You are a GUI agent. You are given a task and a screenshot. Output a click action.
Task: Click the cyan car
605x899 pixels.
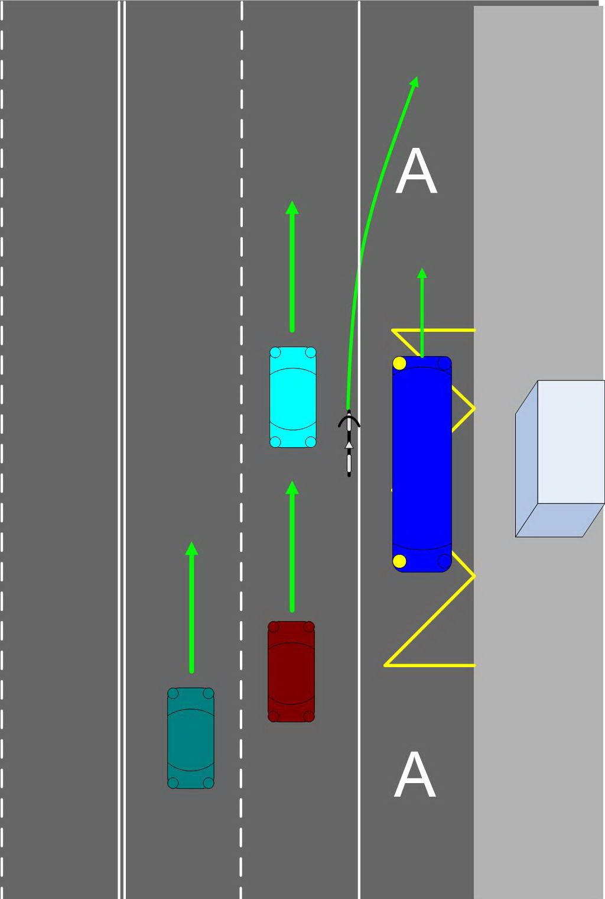coord(292,397)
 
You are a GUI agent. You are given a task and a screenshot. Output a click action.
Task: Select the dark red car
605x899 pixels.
coord(291,671)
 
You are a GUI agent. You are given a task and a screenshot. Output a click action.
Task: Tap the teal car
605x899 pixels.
coord(190,738)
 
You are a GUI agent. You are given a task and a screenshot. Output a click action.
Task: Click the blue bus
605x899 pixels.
coord(422,464)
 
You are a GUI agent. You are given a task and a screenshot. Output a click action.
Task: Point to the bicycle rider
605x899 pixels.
coord(349,443)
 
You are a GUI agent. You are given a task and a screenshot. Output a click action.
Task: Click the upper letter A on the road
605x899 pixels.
coord(416,172)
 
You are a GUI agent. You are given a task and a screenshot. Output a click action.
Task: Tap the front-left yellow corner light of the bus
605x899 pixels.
coord(399,363)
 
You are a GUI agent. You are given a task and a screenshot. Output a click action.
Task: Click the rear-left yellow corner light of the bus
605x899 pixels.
coord(399,561)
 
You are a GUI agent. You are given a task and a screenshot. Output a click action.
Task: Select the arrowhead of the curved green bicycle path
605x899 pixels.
coord(415,82)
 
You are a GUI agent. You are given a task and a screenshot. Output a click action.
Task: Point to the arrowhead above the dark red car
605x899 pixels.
coord(292,487)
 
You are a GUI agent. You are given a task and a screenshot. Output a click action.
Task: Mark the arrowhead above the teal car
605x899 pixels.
coord(191,548)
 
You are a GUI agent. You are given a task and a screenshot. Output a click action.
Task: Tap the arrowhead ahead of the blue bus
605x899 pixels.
coord(422,273)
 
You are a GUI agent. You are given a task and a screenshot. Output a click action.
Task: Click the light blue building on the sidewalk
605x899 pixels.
coord(560,458)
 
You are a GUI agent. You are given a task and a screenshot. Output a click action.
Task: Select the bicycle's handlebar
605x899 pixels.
coord(349,421)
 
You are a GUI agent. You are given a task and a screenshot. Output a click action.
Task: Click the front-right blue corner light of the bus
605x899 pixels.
coord(444,364)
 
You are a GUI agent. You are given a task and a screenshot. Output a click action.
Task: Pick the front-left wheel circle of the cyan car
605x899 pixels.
coord(275,353)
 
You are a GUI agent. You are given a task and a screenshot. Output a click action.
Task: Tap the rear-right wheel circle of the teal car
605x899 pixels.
coord(209,783)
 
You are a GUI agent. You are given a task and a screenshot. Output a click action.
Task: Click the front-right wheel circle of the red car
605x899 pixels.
coord(309,627)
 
